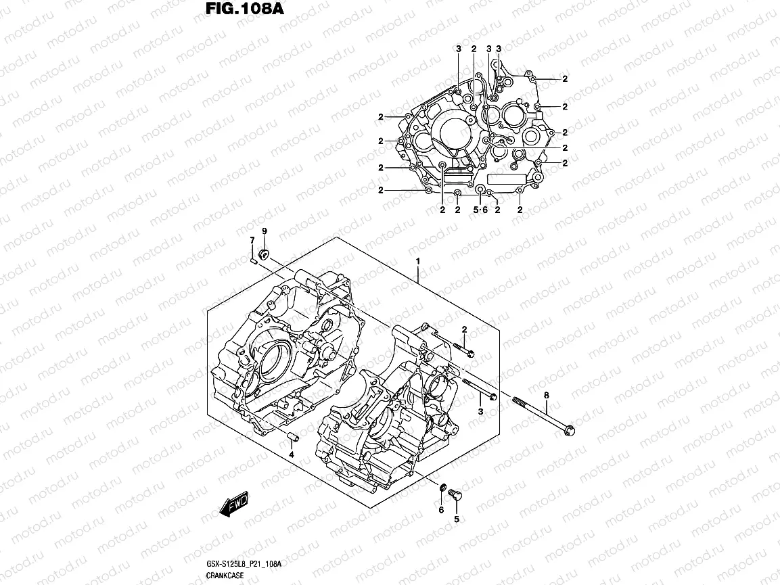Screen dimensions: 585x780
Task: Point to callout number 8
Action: click(x=546, y=395)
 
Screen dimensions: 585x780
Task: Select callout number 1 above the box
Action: click(x=418, y=261)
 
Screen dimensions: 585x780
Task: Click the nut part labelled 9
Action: click(x=265, y=254)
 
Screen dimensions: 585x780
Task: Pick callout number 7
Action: click(x=252, y=240)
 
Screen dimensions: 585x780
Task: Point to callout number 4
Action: click(x=292, y=454)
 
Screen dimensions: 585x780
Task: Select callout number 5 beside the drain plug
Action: click(x=456, y=519)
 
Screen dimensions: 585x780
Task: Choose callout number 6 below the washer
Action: click(x=440, y=510)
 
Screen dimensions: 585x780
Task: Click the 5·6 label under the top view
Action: click(x=480, y=210)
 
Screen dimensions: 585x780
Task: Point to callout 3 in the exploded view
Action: click(x=480, y=412)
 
